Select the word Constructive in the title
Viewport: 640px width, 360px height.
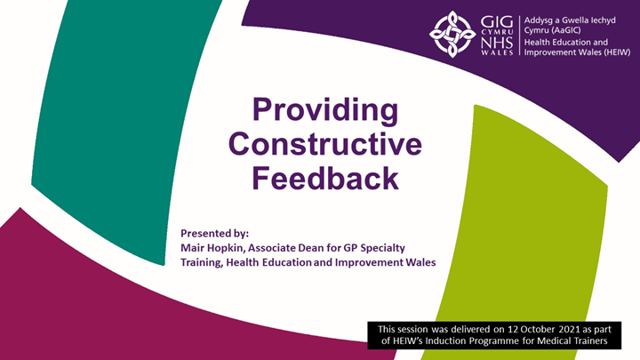pyautogui.click(x=323, y=144)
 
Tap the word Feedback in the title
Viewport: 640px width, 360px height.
pyautogui.click(x=323, y=178)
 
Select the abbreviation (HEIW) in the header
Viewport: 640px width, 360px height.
pyautogui.click(x=613, y=53)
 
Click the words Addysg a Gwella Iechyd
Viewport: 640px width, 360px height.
pyautogui.click(x=568, y=17)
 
